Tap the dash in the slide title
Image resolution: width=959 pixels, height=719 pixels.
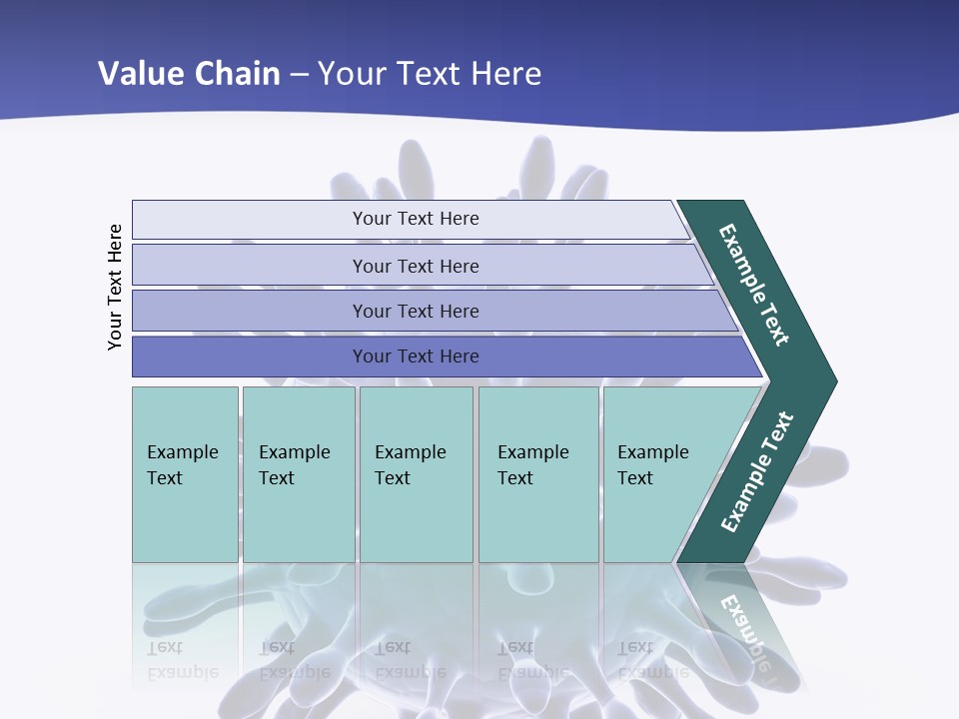click(x=299, y=75)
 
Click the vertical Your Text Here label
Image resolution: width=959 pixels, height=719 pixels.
click(x=115, y=287)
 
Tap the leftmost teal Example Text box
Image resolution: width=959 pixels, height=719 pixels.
click(x=185, y=474)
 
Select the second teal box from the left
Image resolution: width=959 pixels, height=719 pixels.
click(x=299, y=474)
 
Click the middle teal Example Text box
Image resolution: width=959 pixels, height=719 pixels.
click(x=416, y=474)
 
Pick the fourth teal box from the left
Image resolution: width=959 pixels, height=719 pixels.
click(x=538, y=474)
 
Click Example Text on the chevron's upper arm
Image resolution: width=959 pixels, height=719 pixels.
click(x=754, y=285)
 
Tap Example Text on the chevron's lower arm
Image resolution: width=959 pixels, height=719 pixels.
click(x=756, y=472)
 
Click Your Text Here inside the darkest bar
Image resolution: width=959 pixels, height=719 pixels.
click(x=416, y=357)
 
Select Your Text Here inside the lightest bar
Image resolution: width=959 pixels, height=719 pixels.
click(x=416, y=219)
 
